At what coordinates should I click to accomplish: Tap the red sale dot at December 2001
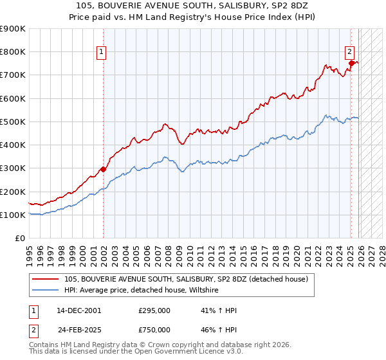point(103,170)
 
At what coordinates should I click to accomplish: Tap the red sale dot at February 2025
point(351,63)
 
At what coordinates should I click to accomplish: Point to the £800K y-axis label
point(13,52)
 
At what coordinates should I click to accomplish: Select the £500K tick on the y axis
point(13,122)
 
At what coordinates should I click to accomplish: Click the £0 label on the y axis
point(19,239)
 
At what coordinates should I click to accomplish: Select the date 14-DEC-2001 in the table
point(79,310)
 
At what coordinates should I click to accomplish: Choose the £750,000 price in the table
point(154,329)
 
